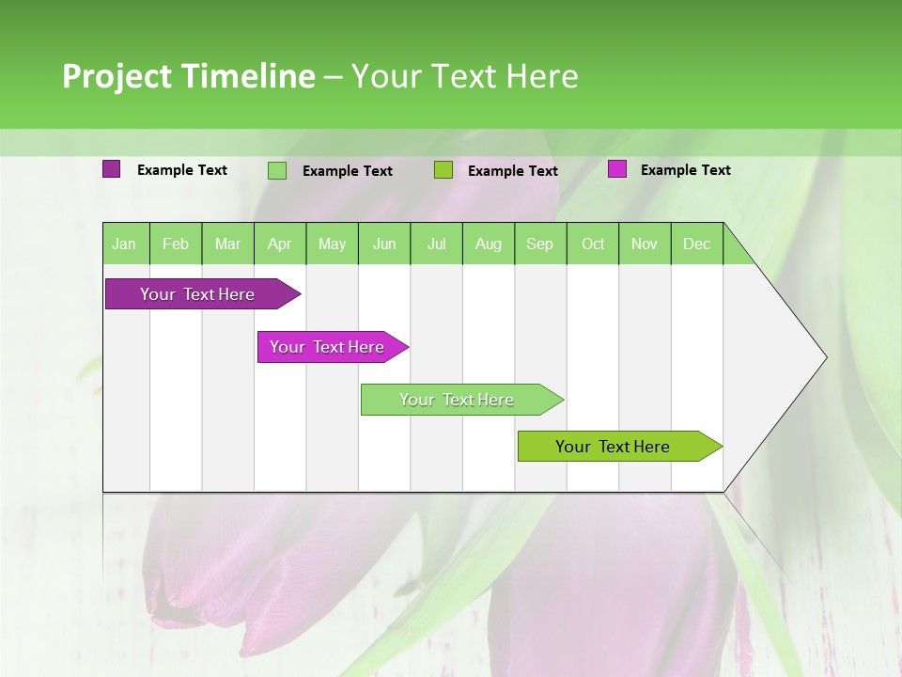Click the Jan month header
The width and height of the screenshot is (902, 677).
125,244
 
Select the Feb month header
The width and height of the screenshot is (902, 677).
176,244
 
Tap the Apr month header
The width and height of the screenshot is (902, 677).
280,244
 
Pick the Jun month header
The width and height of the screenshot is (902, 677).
384,244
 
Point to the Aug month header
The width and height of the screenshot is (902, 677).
489,244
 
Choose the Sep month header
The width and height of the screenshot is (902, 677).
540,244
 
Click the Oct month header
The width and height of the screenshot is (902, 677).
593,244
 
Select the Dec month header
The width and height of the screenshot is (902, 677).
697,244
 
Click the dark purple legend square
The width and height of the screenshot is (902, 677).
112,169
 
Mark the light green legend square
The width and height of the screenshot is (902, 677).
277,170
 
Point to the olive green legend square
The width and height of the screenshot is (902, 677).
443,170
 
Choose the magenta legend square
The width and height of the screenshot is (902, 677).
617,169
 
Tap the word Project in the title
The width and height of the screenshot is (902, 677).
117,76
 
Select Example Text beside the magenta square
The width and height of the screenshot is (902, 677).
685,170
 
